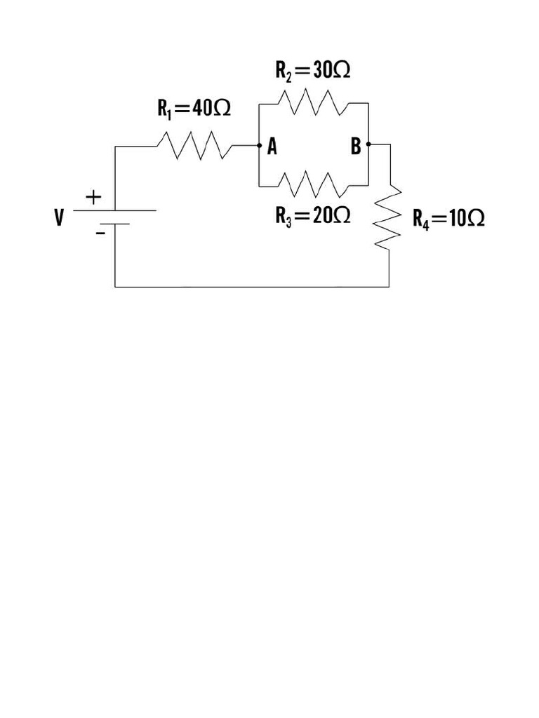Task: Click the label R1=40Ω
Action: coord(194,109)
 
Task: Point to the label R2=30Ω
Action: coord(312,70)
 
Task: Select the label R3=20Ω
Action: coord(312,216)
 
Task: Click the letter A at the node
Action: coord(272,147)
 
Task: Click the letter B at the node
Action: coord(356,147)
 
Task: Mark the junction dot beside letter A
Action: coord(259,146)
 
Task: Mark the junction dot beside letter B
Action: coord(368,144)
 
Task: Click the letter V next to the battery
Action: coord(59,219)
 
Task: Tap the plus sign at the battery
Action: coord(93,198)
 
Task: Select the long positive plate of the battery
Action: coord(115,210)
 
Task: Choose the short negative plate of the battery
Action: coord(115,224)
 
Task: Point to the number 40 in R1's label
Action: coord(202,109)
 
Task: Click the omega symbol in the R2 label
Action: coord(340,71)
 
